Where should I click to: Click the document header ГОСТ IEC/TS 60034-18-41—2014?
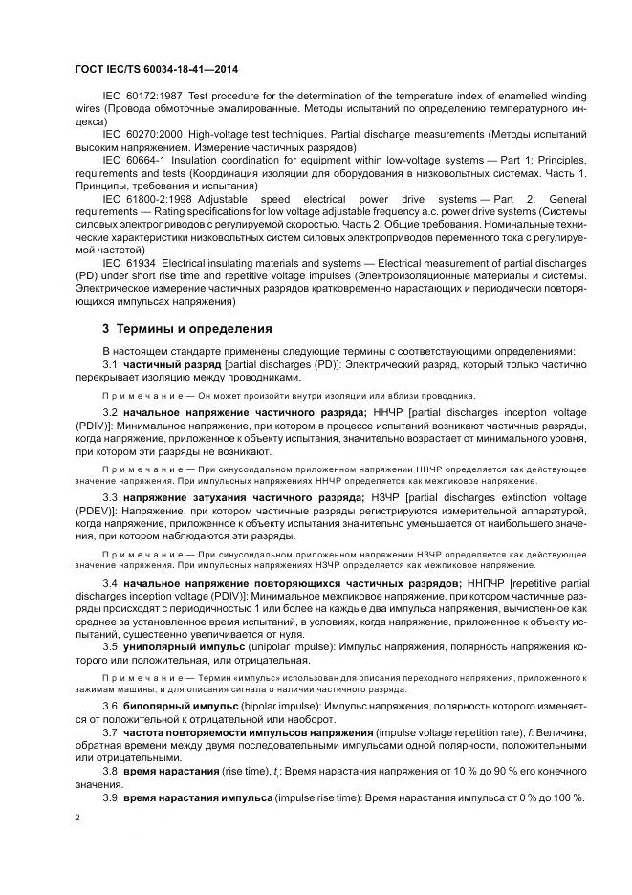click(156, 70)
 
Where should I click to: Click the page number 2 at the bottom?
click(76, 819)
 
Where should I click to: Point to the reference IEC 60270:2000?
click(142, 135)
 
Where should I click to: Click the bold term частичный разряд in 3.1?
click(172, 364)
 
